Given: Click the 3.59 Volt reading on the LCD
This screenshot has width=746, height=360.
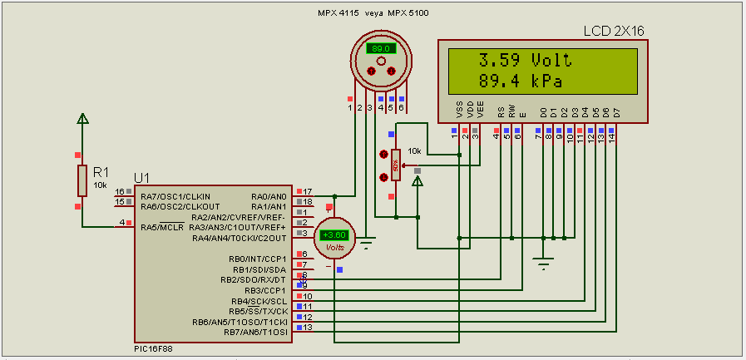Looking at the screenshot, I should (x=525, y=61).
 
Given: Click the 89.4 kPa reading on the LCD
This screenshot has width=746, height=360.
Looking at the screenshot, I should (x=521, y=81).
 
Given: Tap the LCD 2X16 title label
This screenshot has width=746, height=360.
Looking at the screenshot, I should (x=614, y=31).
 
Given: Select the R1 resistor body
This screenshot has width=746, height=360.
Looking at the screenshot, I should (x=82, y=180).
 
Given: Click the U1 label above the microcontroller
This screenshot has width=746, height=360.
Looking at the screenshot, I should (x=142, y=178).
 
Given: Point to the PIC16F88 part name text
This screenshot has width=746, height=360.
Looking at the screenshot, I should (x=155, y=349).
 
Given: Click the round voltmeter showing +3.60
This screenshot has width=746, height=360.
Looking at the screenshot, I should (x=335, y=236).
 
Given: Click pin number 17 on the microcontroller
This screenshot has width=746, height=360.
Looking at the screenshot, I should (x=307, y=192).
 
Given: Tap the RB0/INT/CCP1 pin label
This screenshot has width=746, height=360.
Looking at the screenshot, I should (x=257, y=259).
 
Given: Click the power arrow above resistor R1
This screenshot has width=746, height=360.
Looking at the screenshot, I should (x=82, y=119).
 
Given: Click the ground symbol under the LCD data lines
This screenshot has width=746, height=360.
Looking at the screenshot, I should (x=543, y=264).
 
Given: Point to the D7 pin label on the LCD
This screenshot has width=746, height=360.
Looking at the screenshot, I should (x=616, y=111).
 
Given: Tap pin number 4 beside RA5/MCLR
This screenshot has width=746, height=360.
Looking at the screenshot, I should (x=122, y=223).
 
